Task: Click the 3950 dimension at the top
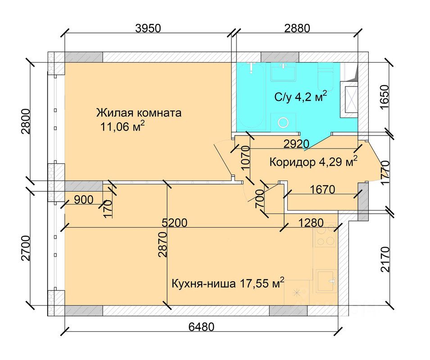tap(148, 28)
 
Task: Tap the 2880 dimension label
tap(297, 28)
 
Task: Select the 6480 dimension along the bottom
tap(201, 327)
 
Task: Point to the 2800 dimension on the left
tap(25, 121)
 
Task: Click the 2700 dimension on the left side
tap(25, 248)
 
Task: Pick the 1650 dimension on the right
tap(385, 97)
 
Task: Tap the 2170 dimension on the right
tap(385, 260)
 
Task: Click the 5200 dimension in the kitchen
tap(174, 223)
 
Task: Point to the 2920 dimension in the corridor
tap(296, 144)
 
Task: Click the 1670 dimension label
tap(322, 189)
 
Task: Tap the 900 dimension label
tap(84, 200)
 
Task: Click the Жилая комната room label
tap(139, 113)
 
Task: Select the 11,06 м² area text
tap(122, 126)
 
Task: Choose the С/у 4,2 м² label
tap(301, 96)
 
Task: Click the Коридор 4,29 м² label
tap(313, 162)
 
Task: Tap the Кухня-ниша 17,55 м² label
tap(228, 283)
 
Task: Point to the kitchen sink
tap(326, 281)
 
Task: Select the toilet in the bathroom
tap(326, 77)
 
